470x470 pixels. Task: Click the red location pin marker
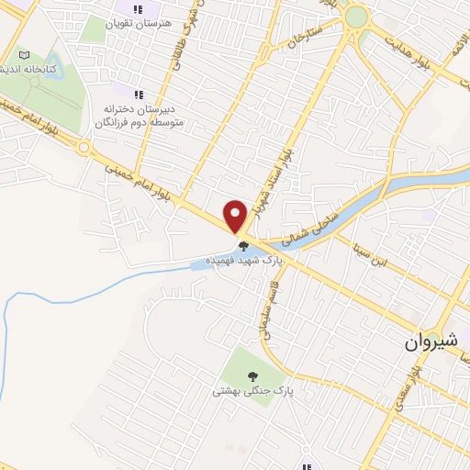[x=236, y=216]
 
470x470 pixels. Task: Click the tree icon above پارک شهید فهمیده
[x=244, y=245]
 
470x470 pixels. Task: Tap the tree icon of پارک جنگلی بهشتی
[x=250, y=375]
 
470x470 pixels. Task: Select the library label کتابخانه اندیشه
[x=28, y=70]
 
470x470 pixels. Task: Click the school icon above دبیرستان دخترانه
[x=139, y=94]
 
